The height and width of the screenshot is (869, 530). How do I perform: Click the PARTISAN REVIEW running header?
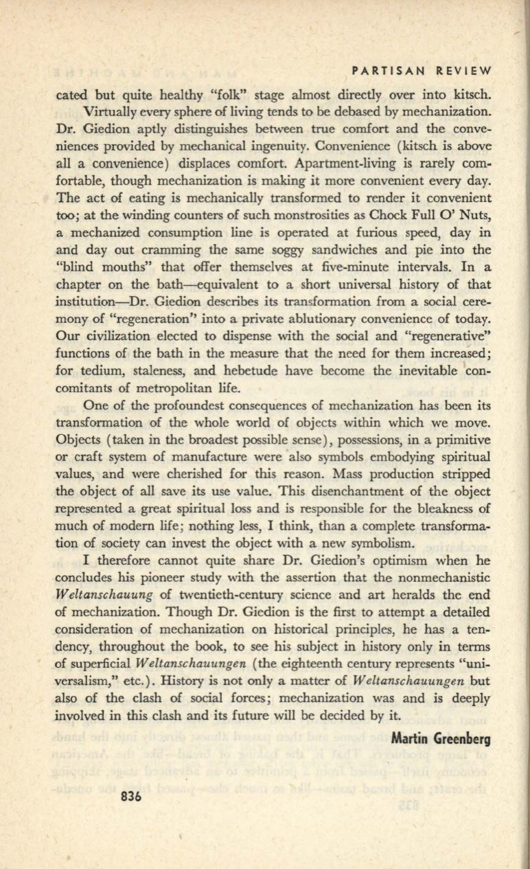(x=421, y=71)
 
